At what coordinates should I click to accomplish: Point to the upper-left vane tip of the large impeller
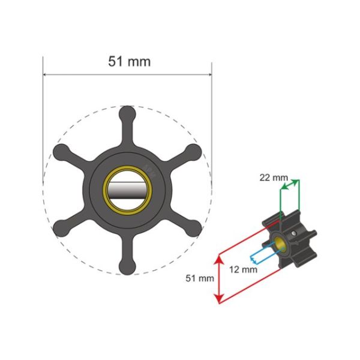tap(60, 151)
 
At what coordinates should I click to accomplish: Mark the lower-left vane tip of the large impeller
tap(60, 228)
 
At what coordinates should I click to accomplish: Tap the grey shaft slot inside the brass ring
tap(127, 190)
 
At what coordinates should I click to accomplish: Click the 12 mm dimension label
tap(243, 269)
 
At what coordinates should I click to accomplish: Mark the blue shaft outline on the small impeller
tap(264, 254)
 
